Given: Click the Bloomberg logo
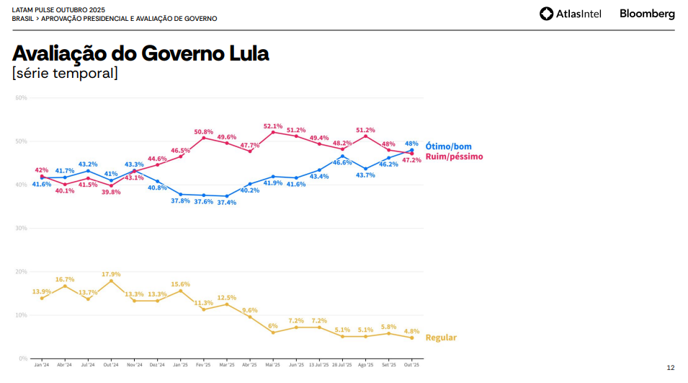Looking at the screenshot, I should click(x=647, y=14).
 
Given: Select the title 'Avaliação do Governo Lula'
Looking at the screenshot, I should click(x=140, y=53).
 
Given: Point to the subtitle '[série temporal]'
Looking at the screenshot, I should click(x=65, y=73).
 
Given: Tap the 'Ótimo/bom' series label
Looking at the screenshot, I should click(x=448, y=146).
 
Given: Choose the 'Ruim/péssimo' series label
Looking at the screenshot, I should click(x=454, y=157).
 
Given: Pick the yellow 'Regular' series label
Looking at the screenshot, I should click(x=441, y=338).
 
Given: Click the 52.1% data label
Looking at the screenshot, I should click(x=273, y=126).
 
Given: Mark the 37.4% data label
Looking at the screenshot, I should click(x=227, y=203).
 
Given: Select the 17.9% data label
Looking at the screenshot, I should click(x=111, y=274).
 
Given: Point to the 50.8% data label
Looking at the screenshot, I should click(x=204, y=132).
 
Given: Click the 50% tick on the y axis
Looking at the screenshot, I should click(x=22, y=141).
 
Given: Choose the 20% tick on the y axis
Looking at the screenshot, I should click(x=22, y=272).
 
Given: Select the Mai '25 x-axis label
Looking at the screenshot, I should click(x=273, y=366).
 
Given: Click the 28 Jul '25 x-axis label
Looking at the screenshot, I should click(x=342, y=366).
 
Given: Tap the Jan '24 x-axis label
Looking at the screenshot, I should click(x=42, y=366).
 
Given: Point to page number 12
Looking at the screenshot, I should click(x=671, y=368).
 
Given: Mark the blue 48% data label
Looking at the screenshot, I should click(x=412, y=143).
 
